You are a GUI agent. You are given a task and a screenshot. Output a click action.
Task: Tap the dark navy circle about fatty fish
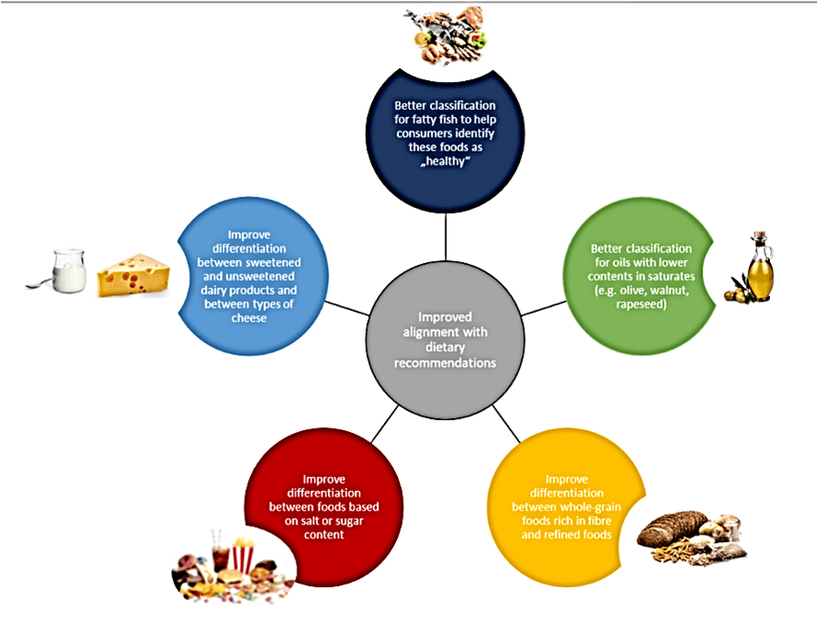click(445, 129)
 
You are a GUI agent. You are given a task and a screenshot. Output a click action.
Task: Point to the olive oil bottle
click(759, 267)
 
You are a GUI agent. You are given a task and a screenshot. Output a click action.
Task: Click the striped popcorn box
click(243, 555)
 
